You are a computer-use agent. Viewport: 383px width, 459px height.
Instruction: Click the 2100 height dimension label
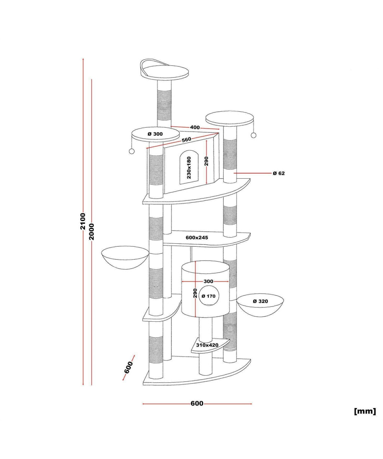(x=83, y=221)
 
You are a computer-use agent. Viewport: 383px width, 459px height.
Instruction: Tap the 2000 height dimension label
(x=92, y=232)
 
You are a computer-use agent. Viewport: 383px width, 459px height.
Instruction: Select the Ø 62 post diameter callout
(x=279, y=173)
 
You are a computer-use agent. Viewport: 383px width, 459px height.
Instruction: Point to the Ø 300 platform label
(x=155, y=134)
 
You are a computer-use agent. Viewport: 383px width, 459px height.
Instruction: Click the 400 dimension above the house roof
(x=195, y=127)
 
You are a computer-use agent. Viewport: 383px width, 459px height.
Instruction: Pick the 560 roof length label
(x=186, y=140)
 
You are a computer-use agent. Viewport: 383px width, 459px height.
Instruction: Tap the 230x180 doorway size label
(x=189, y=168)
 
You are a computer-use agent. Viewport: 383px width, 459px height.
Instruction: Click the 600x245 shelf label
(x=197, y=238)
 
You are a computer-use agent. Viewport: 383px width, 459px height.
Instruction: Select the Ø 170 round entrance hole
(x=208, y=296)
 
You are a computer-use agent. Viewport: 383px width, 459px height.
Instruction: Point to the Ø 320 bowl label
(x=260, y=301)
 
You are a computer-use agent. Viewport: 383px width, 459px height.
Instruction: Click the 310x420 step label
(x=207, y=351)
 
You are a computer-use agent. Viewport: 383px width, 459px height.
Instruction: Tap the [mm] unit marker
(x=365, y=411)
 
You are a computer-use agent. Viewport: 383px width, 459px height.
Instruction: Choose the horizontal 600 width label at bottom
(x=197, y=404)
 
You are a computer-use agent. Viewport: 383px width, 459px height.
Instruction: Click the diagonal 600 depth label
(x=129, y=367)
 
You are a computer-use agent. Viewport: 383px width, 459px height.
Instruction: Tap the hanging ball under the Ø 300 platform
(x=132, y=151)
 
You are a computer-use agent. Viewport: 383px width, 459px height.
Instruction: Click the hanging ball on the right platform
(x=254, y=135)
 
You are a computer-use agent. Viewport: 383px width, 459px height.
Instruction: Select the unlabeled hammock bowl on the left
(x=125, y=258)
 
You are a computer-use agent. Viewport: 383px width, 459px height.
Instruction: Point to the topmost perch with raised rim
(x=164, y=70)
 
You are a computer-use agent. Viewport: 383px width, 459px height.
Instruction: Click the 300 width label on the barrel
(x=208, y=281)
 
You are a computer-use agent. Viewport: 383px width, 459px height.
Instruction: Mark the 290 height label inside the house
(x=206, y=161)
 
